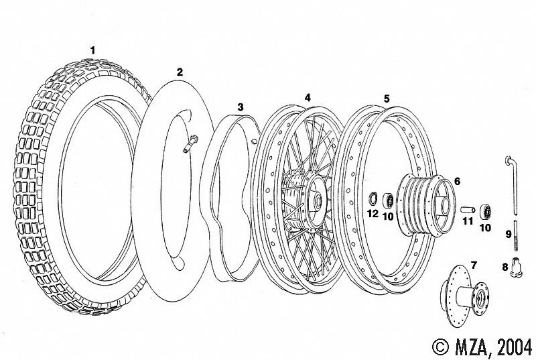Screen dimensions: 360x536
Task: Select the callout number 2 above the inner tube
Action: pyautogui.click(x=180, y=70)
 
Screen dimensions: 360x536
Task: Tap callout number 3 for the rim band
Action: pyautogui.click(x=240, y=107)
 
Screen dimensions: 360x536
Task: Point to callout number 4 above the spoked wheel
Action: pyautogui.click(x=308, y=97)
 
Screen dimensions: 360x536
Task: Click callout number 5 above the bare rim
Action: pyautogui.click(x=387, y=98)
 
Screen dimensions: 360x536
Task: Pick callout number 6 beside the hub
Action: pyautogui.click(x=457, y=180)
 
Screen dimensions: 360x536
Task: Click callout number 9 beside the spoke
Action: pyautogui.click(x=509, y=235)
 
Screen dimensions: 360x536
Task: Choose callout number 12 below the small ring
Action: pyautogui.click(x=373, y=214)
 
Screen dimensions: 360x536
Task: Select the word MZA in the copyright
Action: pyautogui.click(x=467, y=347)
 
